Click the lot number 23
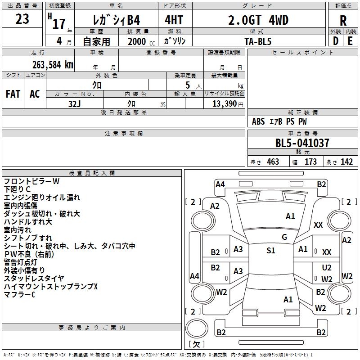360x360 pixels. (22, 19)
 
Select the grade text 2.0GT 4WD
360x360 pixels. (258, 20)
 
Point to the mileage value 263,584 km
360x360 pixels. (53, 64)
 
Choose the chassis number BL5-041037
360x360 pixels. (302, 143)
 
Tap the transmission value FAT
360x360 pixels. (13, 94)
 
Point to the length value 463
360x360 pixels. (272, 162)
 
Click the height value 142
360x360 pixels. (346, 162)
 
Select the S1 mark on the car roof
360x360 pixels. (270, 251)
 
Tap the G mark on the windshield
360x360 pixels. (284, 237)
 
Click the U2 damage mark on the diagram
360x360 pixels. (327, 268)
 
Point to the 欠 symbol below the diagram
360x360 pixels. (196, 344)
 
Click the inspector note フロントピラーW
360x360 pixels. (31, 181)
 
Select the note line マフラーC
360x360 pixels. (19, 295)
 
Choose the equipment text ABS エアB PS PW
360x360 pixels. (279, 121)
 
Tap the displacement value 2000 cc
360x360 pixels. (141, 41)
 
